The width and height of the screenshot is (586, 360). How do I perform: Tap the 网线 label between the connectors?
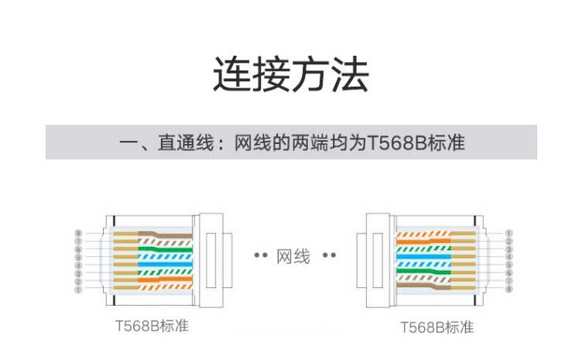[x=293, y=255]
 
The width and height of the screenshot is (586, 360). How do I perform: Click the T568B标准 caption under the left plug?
[x=147, y=326]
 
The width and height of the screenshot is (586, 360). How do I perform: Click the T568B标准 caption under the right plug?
[x=437, y=327]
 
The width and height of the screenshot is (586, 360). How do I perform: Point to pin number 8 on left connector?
[x=78, y=232]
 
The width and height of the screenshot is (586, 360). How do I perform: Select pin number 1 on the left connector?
[x=78, y=290]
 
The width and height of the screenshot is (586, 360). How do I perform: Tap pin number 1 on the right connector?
[x=509, y=232]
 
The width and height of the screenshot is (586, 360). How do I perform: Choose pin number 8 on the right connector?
[x=509, y=290]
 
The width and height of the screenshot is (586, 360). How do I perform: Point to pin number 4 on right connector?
[x=509, y=257]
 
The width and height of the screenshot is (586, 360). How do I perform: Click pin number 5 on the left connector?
[x=78, y=257]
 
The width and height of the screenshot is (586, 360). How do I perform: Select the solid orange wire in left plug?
[x=166, y=282]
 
